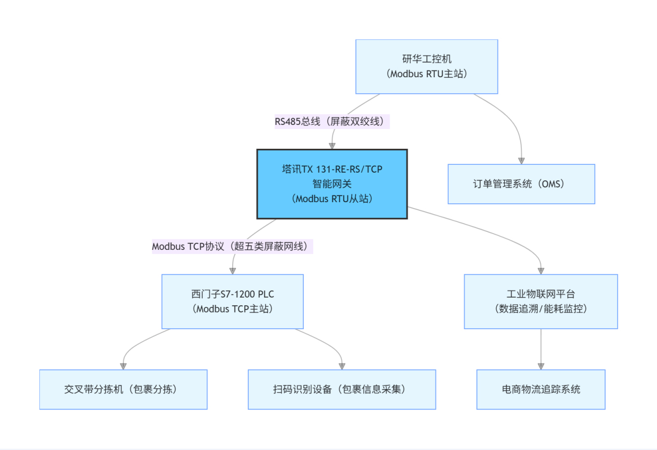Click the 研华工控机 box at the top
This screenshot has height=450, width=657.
(426, 66)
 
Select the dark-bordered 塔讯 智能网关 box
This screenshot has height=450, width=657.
(332, 184)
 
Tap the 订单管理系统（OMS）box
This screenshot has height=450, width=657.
(521, 184)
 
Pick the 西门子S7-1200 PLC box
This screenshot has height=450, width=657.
(232, 301)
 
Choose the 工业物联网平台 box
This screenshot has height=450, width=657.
(541, 301)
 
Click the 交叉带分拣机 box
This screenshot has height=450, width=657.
(123, 389)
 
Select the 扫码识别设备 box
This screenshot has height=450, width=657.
(342, 389)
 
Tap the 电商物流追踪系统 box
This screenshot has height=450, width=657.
(541, 389)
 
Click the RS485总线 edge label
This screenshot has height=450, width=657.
(332, 121)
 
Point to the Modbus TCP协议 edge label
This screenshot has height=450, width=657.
(232, 246)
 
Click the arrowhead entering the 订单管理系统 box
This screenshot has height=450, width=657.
(521, 160)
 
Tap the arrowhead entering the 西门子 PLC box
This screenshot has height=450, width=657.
(232, 270)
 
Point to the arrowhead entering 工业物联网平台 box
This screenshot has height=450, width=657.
(541, 270)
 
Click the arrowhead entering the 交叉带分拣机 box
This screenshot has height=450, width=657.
(123, 365)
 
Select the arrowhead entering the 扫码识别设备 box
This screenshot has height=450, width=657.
(342, 365)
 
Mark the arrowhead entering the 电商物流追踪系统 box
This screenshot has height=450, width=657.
(541, 365)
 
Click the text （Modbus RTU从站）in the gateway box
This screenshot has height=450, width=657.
(332, 199)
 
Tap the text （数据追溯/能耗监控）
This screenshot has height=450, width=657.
(541, 308)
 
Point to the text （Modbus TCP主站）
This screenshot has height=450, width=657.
(232, 308)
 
